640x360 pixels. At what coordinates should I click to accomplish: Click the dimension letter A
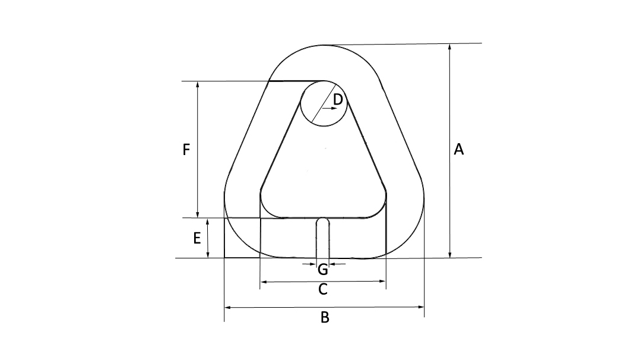(458, 150)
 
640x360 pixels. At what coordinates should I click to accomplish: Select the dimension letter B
(325, 318)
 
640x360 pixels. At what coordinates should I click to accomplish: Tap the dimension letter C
(323, 289)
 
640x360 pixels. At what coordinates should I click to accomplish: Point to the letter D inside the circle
(338, 100)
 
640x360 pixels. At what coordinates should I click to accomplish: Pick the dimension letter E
(197, 239)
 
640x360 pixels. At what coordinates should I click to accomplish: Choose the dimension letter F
(186, 150)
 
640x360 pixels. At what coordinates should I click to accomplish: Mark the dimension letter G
(323, 270)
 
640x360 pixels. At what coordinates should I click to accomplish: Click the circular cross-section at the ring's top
(323, 103)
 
